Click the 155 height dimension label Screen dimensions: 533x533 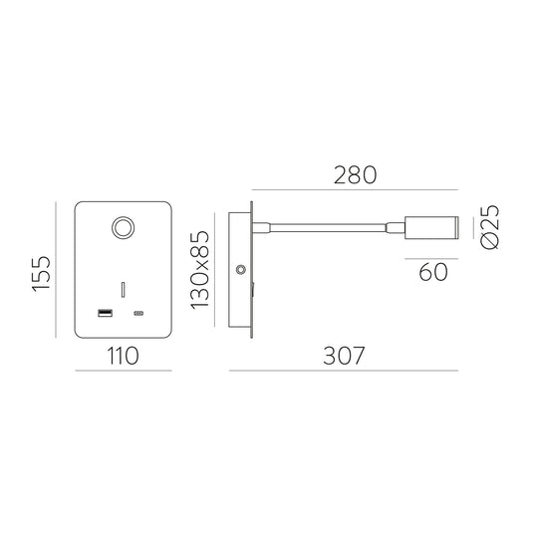40,272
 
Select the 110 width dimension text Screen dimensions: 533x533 125,354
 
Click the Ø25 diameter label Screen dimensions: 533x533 490,227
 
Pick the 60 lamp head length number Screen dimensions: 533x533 433,273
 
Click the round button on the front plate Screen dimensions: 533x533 125,228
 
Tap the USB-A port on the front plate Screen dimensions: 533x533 105,315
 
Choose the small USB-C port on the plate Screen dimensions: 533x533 138,315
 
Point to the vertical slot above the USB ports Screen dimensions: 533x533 124,289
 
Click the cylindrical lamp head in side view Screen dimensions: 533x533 431,227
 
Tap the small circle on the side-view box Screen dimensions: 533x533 241,270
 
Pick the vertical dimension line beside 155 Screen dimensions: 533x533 59,272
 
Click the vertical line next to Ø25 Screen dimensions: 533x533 472,227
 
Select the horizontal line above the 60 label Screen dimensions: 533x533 431,258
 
